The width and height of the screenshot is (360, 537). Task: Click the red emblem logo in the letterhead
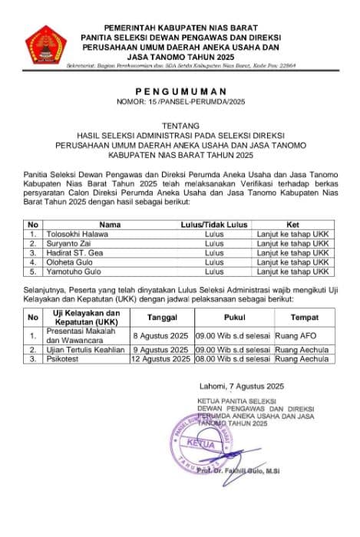point(47,47)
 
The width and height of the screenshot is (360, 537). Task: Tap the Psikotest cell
point(65,358)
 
